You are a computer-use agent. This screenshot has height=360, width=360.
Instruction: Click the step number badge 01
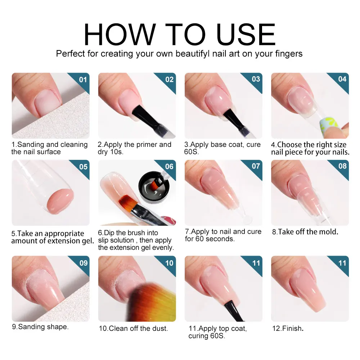click(83, 79)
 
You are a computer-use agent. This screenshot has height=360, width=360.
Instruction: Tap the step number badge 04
click(342, 79)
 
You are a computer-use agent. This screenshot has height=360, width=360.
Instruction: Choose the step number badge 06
click(169, 166)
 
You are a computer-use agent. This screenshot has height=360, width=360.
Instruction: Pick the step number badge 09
click(83, 263)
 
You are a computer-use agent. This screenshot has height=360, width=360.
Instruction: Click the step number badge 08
click(342, 166)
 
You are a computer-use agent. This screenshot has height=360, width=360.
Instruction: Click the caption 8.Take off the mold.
click(305, 232)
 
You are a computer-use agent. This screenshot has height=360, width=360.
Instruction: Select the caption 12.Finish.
click(288, 328)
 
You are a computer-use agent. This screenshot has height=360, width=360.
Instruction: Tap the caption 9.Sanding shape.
click(40, 327)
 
